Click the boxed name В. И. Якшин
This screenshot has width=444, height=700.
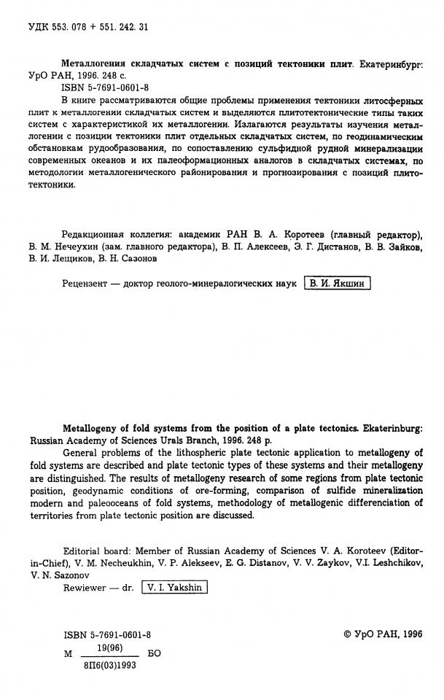(x=337, y=284)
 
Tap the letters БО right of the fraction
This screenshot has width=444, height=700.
(x=155, y=654)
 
